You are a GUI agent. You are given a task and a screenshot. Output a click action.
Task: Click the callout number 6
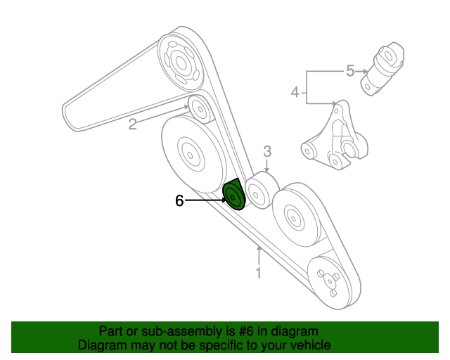pos(179,201)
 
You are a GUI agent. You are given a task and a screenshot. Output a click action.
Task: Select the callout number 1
pos(259,273)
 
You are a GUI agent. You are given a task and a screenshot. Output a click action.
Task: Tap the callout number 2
pos(132,125)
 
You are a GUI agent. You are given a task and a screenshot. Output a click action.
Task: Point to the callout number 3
pos(267,150)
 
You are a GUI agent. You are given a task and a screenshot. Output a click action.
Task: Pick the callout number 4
pos(296,92)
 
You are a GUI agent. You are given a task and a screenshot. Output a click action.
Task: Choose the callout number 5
pos(350,70)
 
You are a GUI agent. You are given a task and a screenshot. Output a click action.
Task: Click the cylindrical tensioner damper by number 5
pos(384,67)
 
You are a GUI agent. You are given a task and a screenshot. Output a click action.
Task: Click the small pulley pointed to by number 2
pos(198,110)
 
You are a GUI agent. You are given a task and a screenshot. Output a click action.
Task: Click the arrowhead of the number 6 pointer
pos(222,201)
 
